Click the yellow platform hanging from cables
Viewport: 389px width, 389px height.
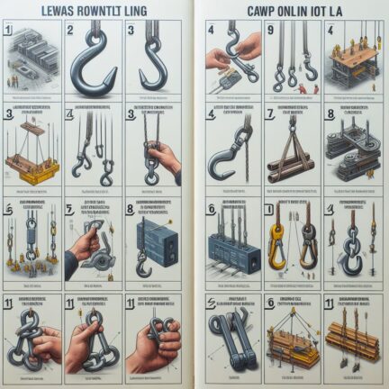[x=32, y=167]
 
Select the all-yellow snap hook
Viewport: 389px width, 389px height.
[x=280, y=242]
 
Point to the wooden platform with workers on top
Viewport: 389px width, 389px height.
[x=352, y=64]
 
